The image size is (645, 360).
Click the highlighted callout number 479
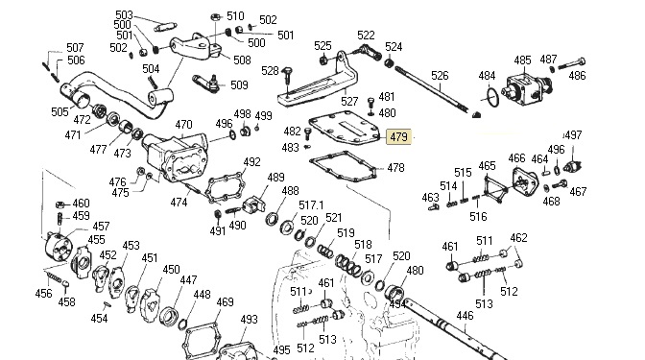(x=398, y=136)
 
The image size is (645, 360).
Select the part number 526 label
(x=440, y=76)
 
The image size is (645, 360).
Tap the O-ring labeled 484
(x=490, y=97)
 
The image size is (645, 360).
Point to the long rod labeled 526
(x=432, y=89)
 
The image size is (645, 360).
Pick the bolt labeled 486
(x=572, y=64)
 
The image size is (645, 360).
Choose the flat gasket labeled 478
(x=344, y=167)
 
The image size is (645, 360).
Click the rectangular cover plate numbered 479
(x=346, y=129)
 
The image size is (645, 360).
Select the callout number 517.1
(x=311, y=205)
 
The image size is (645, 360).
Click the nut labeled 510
(x=215, y=17)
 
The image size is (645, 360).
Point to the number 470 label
(x=183, y=124)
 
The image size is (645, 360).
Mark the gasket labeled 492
(x=225, y=188)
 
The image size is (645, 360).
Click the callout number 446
(x=465, y=316)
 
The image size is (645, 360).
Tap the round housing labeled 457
(x=59, y=247)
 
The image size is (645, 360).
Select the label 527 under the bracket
(x=349, y=101)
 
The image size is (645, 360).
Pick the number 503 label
(x=124, y=15)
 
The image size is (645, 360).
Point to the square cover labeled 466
(x=525, y=181)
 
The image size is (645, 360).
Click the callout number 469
(x=225, y=302)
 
